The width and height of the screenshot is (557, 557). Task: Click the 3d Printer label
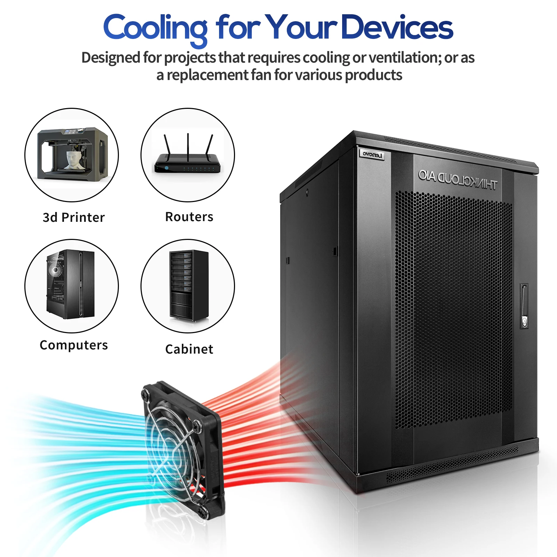pyautogui.click(x=74, y=217)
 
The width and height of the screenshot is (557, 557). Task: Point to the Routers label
pyautogui.click(x=189, y=217)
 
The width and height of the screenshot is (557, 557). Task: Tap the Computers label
pyautogui.click(x=74, y=345)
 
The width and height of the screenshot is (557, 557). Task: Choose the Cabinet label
pyautogui.click(x=189, y=349)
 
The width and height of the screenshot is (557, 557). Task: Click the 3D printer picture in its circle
pyautogui.click(x=72, y=153)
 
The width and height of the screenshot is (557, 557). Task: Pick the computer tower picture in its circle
pyautogui.click(x=71, y=284)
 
